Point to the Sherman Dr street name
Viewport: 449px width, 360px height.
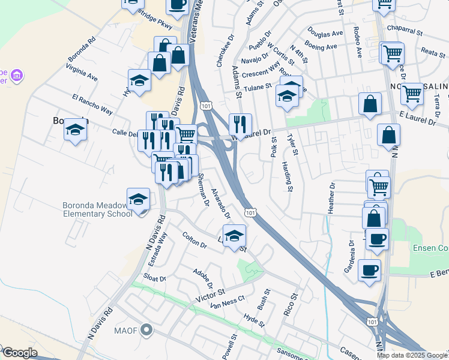[203, 190]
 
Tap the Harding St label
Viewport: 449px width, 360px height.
[287, 173]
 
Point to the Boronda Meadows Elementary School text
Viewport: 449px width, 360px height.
[98, 209]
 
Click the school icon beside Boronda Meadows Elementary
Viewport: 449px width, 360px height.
[137, 199]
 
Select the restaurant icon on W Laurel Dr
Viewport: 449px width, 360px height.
[240, 124]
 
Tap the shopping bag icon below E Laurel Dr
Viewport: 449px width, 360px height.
[389, 135]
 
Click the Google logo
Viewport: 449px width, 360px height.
[19, 353]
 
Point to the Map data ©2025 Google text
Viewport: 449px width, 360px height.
[412, 355]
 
